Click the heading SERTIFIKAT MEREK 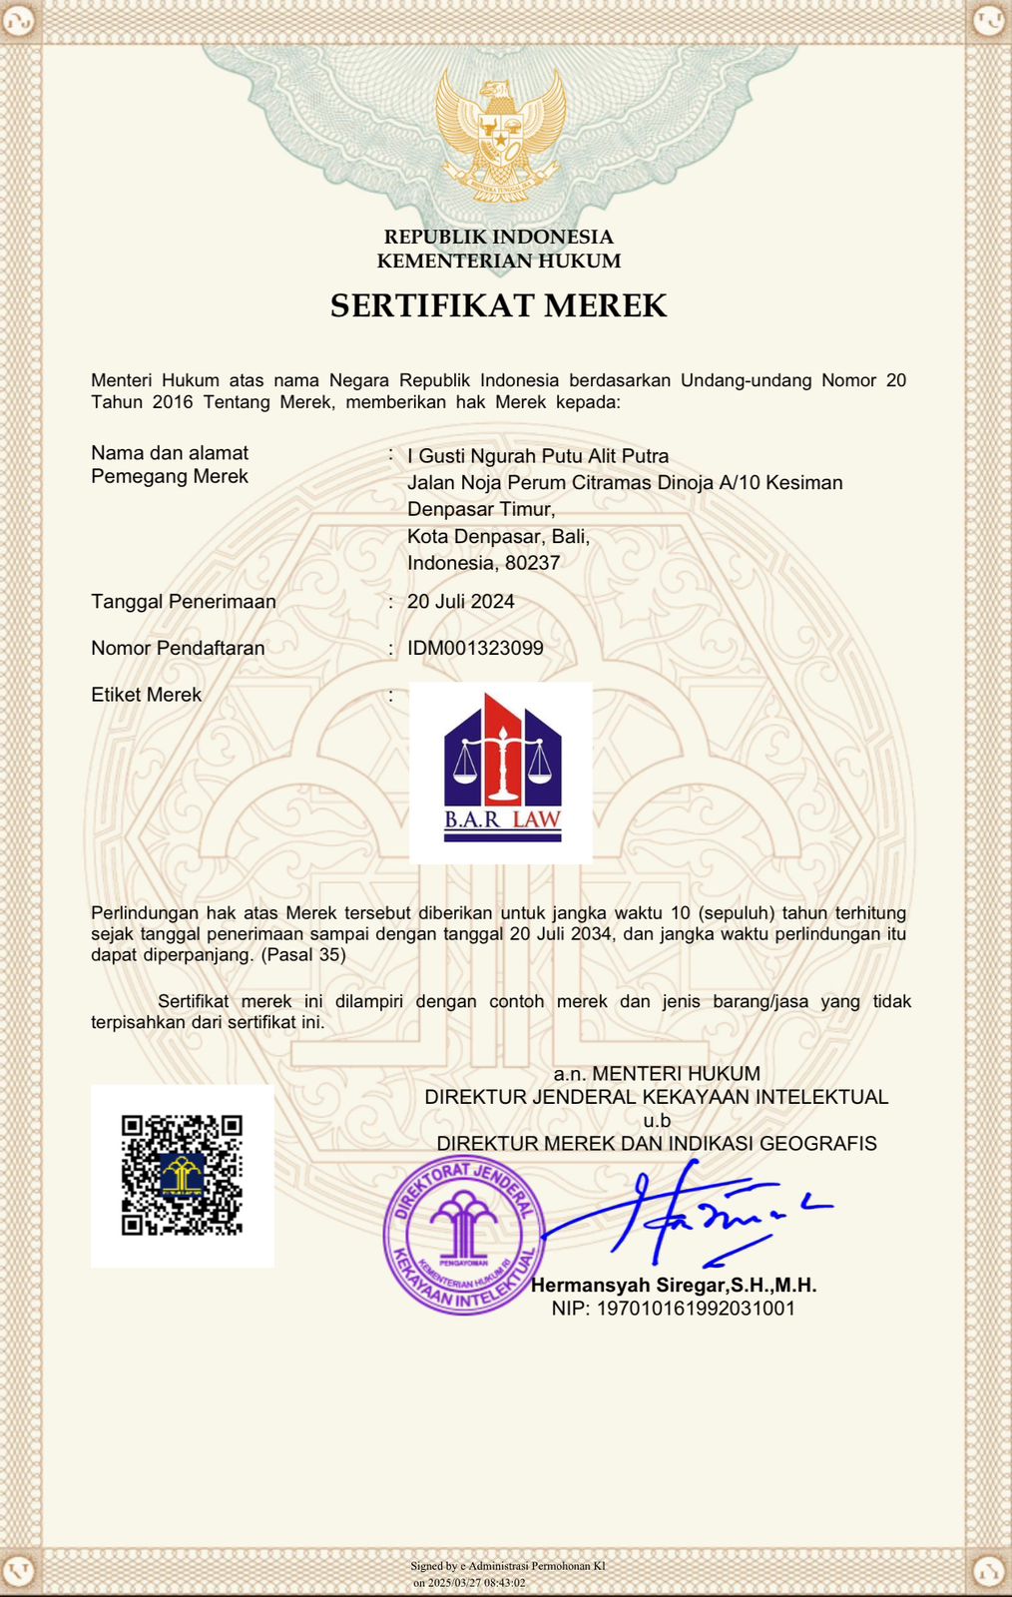pos(498,305)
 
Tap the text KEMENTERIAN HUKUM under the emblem pos(498,262)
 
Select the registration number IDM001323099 pos(475,648)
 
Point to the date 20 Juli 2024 pos(461,601)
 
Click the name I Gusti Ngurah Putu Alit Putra pos(538,456)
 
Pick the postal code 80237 pos(532,563)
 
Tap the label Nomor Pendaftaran pos(178,648)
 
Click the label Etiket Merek pos(146,695)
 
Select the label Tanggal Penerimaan pos(184,601)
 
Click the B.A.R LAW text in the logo pos(502,819)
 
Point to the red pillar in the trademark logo pos(502,754)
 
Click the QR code pos(182,1175)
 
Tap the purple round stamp pos(464,1235)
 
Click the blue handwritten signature pos(689,1213)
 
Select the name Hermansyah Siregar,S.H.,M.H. pos(674,1286)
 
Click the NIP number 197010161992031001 pos(674,1309)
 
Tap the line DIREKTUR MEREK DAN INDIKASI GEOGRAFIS pos(657,1144)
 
